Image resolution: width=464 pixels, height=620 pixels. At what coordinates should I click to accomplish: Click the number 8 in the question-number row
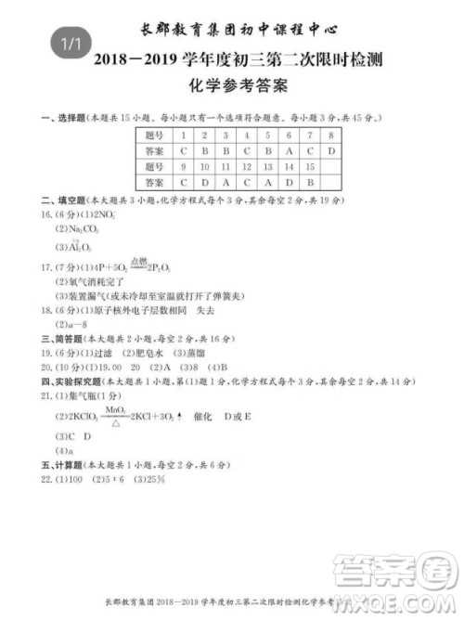pyautogui.click(x=331, y=135)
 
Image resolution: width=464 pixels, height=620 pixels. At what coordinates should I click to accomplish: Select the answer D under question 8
pyautogui.click(x=331, y=150)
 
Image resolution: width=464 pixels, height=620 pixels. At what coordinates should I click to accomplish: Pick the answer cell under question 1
pyautogui.click(x=183, y=150)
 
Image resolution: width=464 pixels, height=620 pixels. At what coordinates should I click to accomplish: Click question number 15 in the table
pyautogui.click(x=310, y=166)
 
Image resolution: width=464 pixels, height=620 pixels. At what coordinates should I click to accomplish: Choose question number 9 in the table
pyautogui.click(x=183, y=166)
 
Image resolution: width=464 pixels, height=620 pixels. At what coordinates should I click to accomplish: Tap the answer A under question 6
pyautogui.click(x=289, y=150)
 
